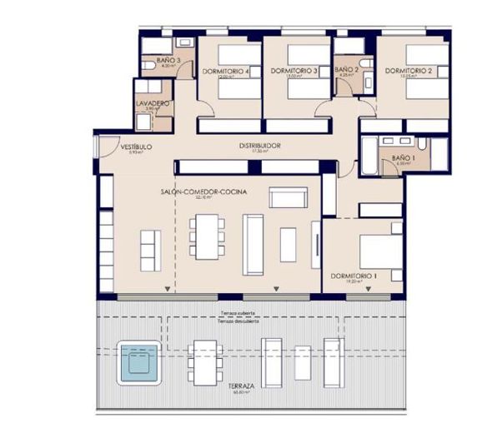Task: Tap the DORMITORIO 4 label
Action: (225, 72)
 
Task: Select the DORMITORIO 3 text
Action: (295, 72)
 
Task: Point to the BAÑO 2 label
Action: (346, 71)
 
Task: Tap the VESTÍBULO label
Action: (134, 147)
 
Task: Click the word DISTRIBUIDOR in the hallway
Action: (259, 147)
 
